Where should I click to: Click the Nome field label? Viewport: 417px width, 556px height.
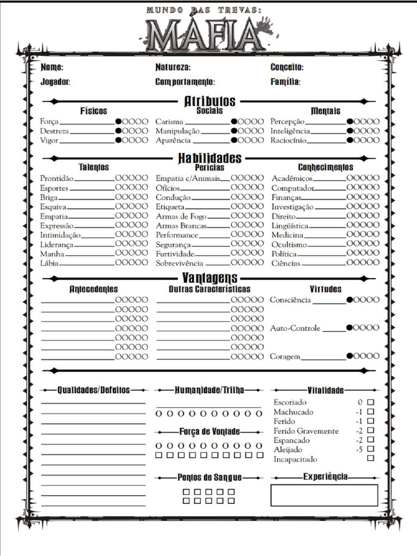point(52,68)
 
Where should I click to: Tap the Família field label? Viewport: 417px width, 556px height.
point(285,82)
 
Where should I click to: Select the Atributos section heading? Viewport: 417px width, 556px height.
point(210,101)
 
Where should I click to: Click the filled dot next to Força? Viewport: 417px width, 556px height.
point(118,122)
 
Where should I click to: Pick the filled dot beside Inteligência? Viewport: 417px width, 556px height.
point(350,131)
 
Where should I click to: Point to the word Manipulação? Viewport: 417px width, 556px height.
point(178,131)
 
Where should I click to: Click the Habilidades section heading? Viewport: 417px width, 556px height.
point(210,158)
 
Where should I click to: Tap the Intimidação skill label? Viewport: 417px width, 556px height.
point(60,235)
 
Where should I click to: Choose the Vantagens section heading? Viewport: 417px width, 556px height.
point(210,278)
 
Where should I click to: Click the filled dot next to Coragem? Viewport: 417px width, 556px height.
point(350,356)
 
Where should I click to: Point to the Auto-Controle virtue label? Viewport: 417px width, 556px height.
point(295,328)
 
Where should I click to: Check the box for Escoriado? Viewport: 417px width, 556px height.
point(371,402)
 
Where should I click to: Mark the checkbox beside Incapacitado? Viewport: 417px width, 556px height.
point(371,458)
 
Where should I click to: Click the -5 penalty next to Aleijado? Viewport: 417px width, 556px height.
point(359,450)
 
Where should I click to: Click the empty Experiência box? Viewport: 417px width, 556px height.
point(324,495)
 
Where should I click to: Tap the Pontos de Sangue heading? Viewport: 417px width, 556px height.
point(210,477)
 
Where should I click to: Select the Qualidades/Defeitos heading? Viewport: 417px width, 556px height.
point(94,390)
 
